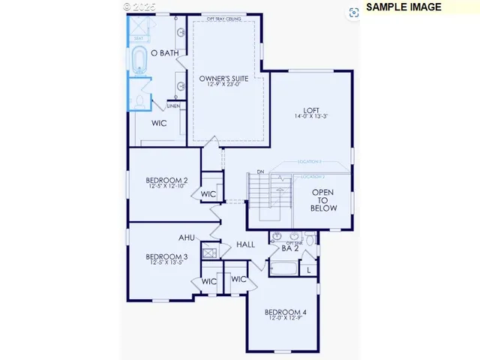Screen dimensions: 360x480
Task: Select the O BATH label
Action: click(164, 52)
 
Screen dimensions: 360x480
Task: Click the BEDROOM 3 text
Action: click(166, 256)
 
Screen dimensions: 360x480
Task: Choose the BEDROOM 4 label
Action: click(286, 312)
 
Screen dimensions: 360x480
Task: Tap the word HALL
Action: click(245, 244)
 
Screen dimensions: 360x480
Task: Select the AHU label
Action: click(187, 238)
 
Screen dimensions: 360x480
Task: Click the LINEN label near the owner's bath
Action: click(173, 106)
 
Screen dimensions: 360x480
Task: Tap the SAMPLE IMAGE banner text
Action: click(404, 7)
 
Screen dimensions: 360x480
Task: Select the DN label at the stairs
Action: click(260, 172)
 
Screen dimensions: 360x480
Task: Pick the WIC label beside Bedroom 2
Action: click(208, 194)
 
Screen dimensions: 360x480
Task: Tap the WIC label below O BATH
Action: click(159, 123)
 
